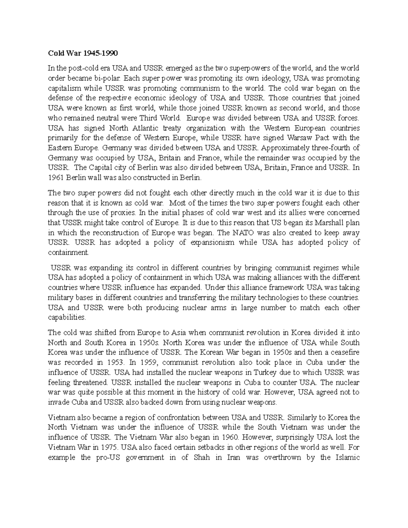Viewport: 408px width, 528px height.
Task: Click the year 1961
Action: pos(56,177)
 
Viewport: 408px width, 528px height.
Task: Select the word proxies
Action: pos(123,213)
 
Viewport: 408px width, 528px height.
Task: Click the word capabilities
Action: pos(67,318)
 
